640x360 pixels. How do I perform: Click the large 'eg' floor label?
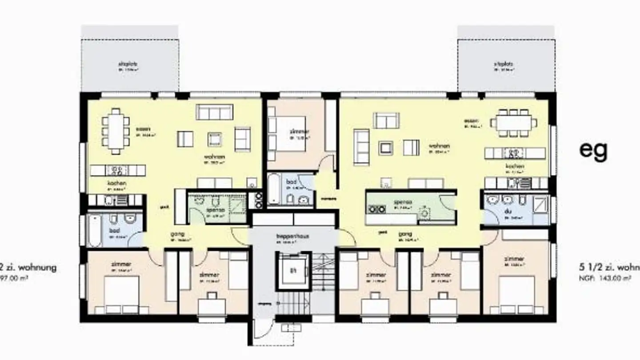[593, 150]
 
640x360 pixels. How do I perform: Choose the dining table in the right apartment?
[513, 122]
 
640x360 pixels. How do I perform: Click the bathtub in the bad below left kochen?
[94, 230]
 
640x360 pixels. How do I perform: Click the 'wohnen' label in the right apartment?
[439, 146]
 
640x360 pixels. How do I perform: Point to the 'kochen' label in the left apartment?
[116, 183]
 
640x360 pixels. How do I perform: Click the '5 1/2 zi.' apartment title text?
[609, 268]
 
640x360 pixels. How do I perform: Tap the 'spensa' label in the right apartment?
[403, 202]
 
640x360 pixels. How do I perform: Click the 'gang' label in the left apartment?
[178, 234]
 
